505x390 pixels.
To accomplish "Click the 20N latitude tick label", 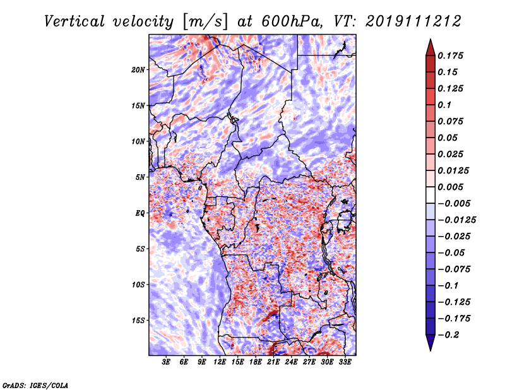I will (138, 69).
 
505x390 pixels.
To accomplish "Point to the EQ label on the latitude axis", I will (140, 213).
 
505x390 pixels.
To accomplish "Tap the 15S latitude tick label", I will (138, 321).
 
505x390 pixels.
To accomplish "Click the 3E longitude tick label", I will (167, 362).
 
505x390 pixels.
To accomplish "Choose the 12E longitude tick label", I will (220, 362).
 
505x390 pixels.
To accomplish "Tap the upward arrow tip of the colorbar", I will (430, 41).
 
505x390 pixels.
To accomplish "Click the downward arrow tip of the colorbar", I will (430, 348).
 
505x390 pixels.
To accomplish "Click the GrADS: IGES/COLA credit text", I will (35, 384).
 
